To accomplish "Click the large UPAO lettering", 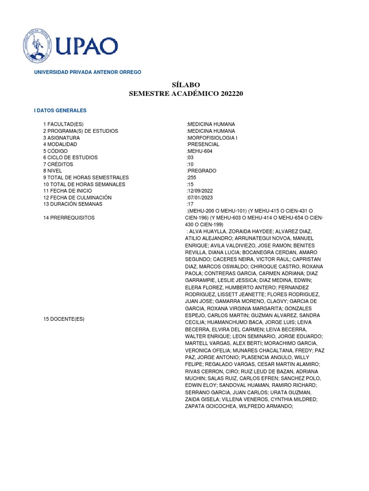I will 86,47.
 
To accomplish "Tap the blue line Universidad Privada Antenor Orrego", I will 87,72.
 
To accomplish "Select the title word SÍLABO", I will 186,85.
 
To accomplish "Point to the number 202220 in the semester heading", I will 232,94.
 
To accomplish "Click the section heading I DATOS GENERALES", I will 60,110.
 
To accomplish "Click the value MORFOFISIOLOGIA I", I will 212,138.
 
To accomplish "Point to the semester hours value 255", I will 192,177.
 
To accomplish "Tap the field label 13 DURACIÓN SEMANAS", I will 73,204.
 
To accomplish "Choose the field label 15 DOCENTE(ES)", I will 64,319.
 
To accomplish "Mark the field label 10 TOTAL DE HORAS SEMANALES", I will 84,184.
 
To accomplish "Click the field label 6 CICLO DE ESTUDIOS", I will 70,157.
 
